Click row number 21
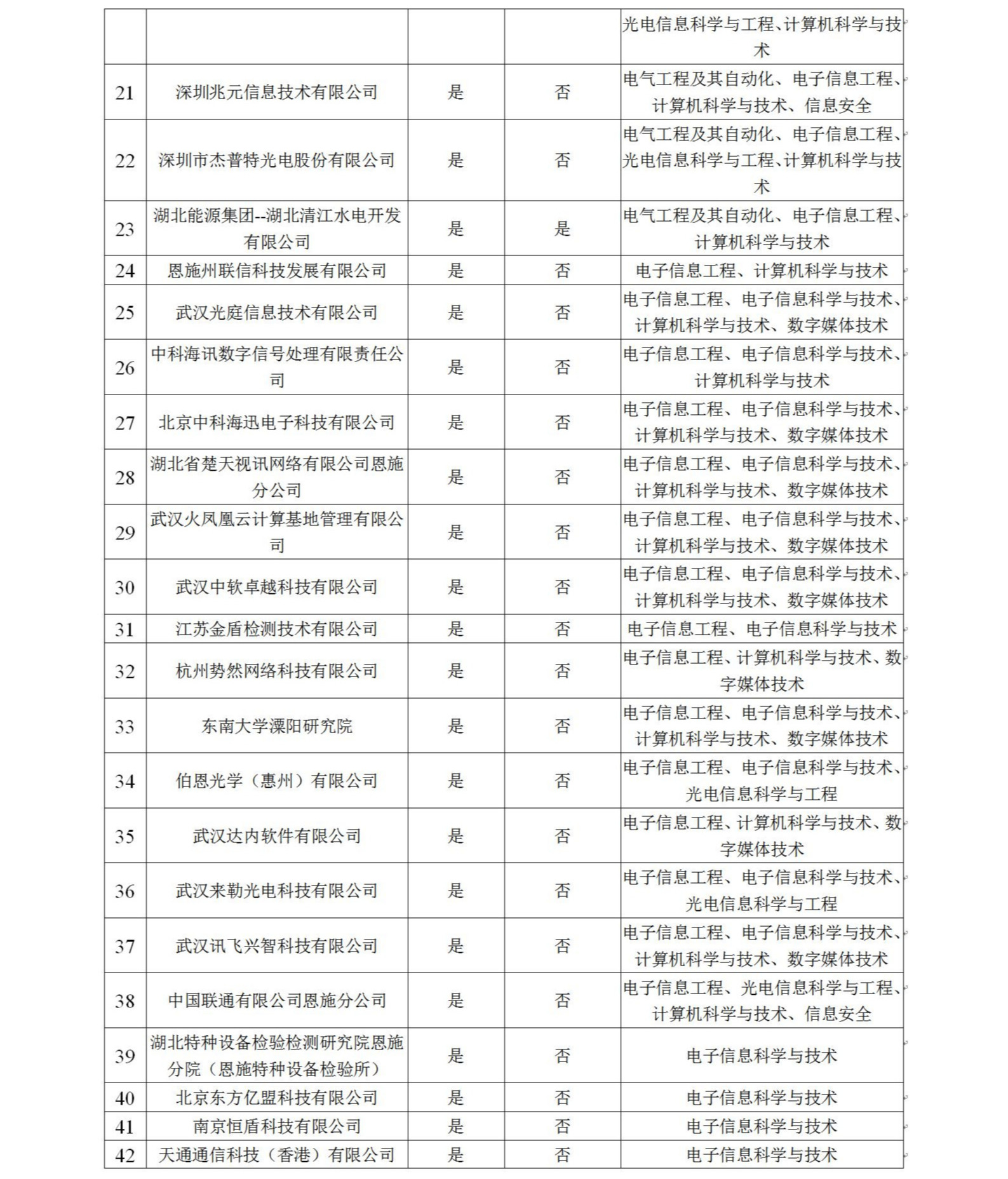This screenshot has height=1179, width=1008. [x=124, y=93]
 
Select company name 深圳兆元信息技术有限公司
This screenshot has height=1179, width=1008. [x=276, y=92]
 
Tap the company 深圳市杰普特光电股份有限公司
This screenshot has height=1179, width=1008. [x=276, y=160]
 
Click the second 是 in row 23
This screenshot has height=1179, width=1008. [x=562, y=229]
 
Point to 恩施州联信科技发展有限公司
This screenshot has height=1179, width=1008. [x=276, y=271]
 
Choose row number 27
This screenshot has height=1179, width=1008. [x=124, y=423]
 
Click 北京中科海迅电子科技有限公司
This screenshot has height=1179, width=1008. [x=276, y=422]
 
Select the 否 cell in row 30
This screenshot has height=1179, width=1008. [x=562, y=587]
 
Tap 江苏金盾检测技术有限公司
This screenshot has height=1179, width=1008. [x=276, y=629]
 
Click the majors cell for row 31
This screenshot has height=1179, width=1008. [x=762, y=629]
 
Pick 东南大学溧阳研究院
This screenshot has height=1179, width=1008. [x=276, y=726]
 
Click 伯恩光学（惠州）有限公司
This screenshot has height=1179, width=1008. [x=276, y=781]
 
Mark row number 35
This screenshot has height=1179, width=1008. [x=124, y=836]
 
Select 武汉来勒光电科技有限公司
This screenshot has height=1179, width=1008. [x=276, y=891]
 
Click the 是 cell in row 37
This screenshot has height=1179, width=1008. [x=455, y=946]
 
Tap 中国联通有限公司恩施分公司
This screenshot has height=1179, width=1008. [x=276, y=1000]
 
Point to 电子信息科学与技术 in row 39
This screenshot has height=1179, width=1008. [x=762, y=1056]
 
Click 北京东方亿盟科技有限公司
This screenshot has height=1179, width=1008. [x=276, y=1097]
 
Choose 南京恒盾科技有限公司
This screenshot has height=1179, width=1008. [x=276, y=1126]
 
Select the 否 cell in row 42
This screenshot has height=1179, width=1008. [x=562, y=1154]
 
